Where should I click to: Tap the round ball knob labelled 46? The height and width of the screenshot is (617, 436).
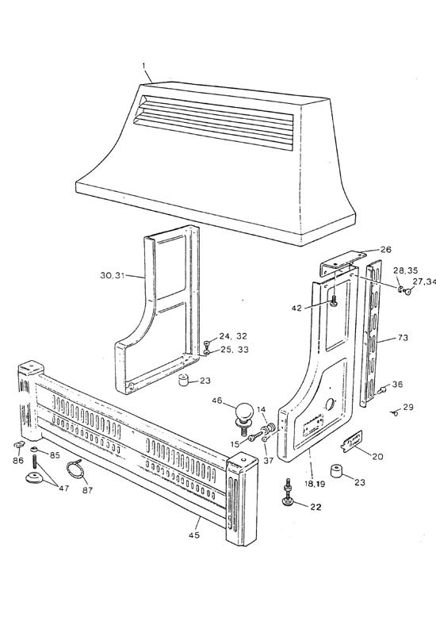(245, 412)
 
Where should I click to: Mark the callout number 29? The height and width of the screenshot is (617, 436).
(407, 407)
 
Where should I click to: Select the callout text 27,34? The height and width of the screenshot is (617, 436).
(424, 282)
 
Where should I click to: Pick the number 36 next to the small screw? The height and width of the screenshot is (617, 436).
(397, 384)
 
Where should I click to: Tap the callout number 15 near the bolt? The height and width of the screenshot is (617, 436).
(235, 443)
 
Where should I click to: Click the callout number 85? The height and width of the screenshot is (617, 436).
(55, 455)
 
